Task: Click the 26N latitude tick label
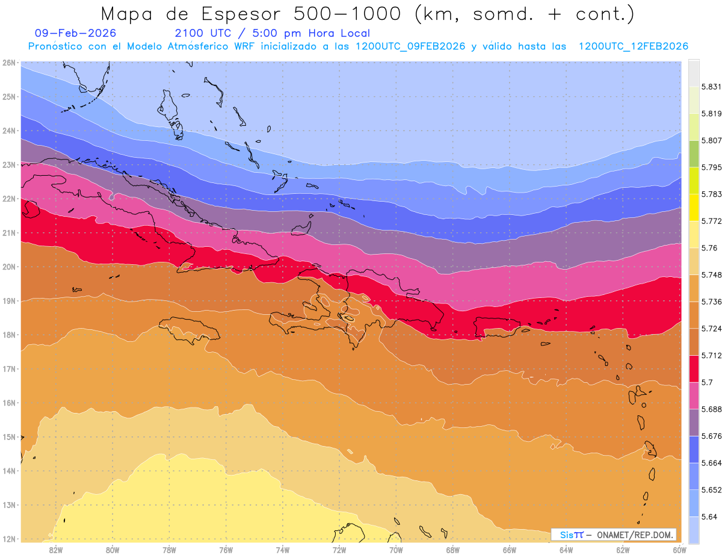pyautogui.click(x=9, y=62)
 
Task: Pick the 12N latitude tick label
pyautogui.click(x=9, y=539)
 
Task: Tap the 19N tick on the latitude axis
pyautogui.click(x=9, y=300)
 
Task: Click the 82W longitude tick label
pyautogui.click(x=56, y=549)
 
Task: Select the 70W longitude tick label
pyautogui.click(x=396, y=549)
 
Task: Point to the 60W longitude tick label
pyautogui.click(x=679, y=549)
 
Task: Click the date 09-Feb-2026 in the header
pyautogui.click(x=76, y=33)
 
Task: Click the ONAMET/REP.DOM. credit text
pyautogui.click(x=634, y=535)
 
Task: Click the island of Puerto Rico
pyautogui.click(x=496, y=327)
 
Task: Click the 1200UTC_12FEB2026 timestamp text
pyautogui.click(x=634, y=46)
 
